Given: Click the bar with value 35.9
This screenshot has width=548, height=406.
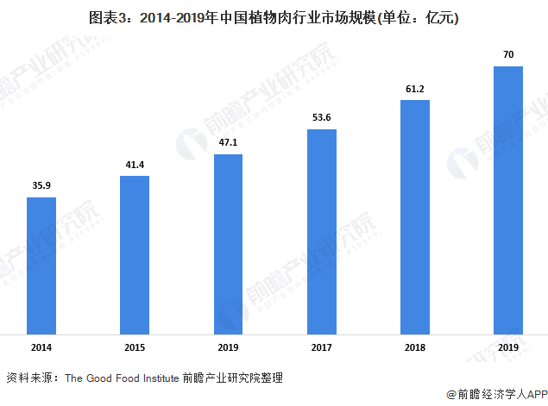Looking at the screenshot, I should [41, 265].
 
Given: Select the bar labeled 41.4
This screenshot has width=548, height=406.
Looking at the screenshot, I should [135, 254].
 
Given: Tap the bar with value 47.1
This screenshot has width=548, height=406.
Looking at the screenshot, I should [228, 243].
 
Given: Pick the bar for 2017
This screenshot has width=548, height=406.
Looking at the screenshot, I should [322, 231].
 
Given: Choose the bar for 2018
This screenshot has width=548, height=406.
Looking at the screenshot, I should [415, 216].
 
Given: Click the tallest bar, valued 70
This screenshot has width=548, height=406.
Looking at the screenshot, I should [508, 199].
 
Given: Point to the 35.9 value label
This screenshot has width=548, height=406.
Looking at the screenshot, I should [41, 184].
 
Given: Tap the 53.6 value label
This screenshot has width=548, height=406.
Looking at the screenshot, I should [322, 116].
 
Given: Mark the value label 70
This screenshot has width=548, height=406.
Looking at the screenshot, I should [508, 54].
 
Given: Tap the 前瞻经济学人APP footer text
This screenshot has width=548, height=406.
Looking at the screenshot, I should [497, 393].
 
